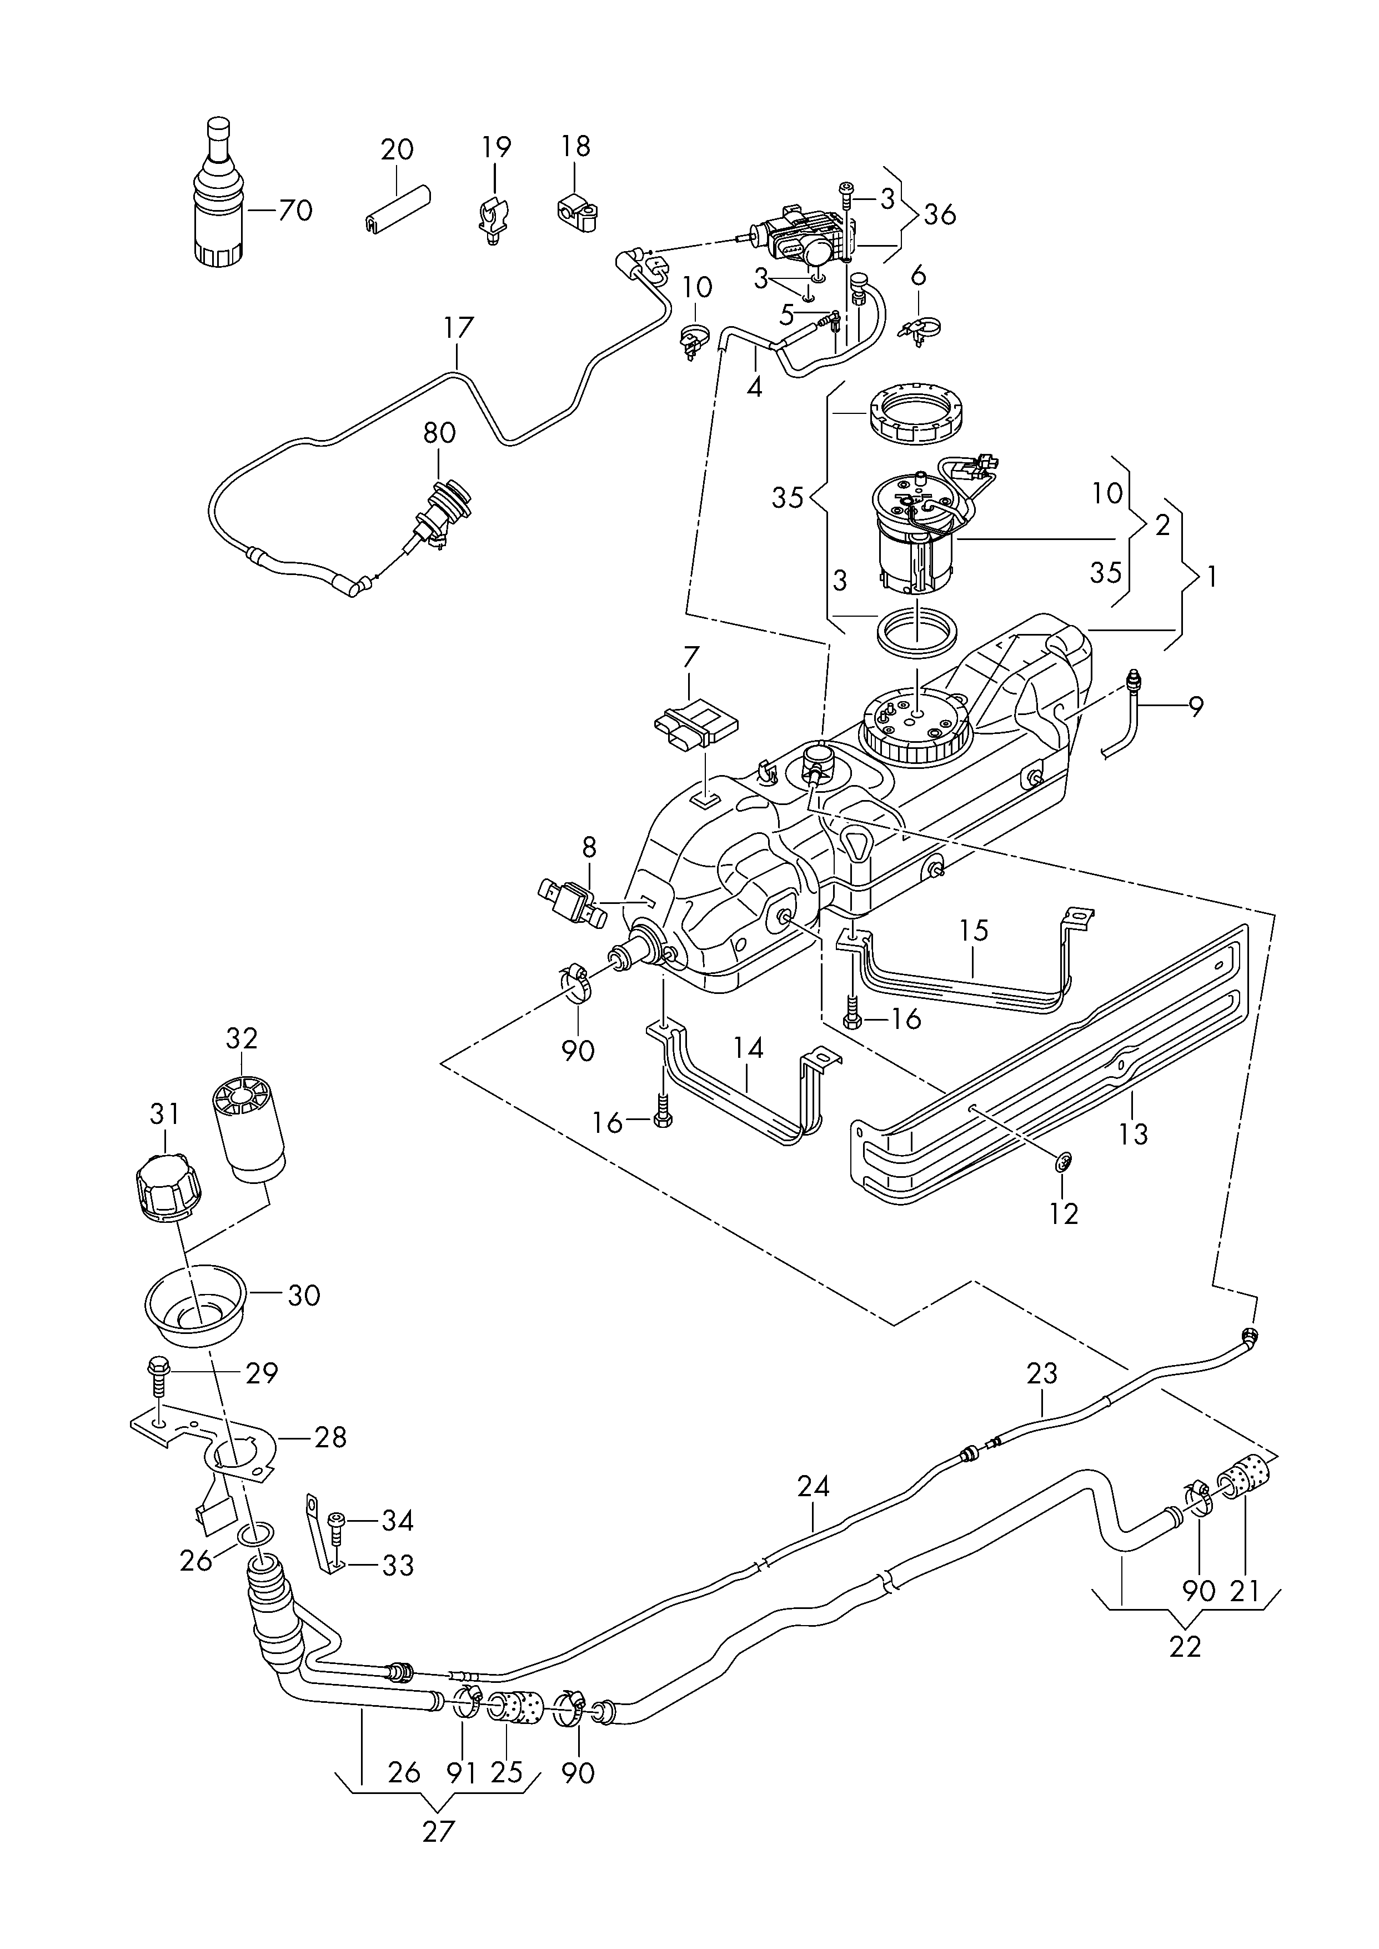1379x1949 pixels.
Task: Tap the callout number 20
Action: [x=397, y=149]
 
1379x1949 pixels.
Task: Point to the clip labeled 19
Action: [x=493, y=219]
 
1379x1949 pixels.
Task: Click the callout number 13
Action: [x=1134, y=1133]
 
